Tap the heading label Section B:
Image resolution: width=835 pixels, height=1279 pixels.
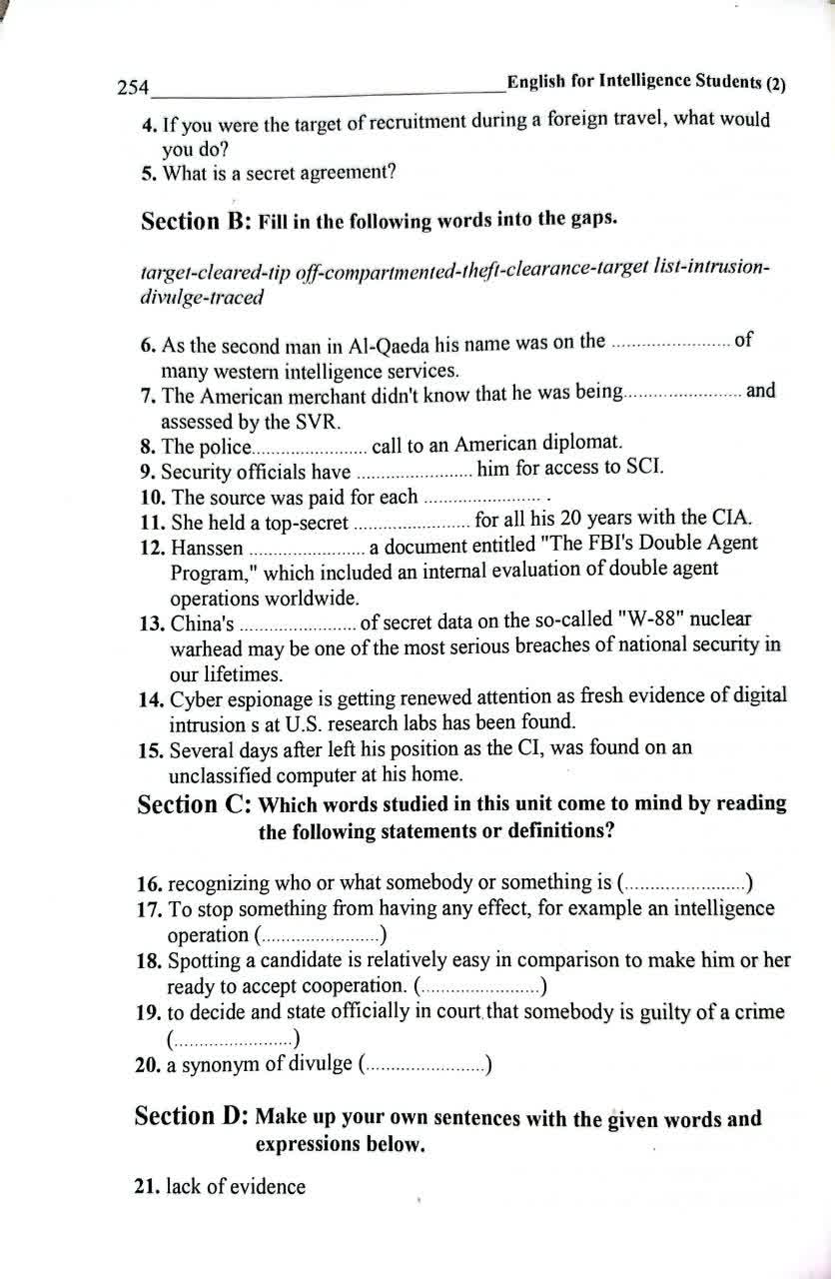point(196,221)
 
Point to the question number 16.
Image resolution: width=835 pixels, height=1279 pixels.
point(149,883)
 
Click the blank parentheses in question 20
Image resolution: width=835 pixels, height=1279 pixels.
point(423,1066)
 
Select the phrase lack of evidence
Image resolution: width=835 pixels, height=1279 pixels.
point(236,1187)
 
